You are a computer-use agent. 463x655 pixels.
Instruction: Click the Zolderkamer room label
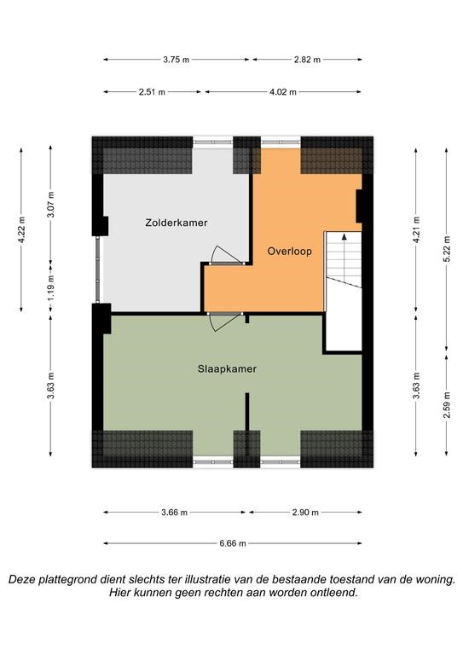[177, 223]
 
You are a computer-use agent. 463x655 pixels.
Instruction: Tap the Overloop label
[289, 252]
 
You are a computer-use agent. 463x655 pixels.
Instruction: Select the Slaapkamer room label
[227, 369]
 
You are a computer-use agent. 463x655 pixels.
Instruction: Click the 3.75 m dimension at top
[177, 60]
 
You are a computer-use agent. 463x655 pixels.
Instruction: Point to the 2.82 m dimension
[307, 60]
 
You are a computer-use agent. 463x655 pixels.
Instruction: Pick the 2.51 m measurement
[152, 92]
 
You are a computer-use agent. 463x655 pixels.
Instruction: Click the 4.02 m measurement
[283, 92]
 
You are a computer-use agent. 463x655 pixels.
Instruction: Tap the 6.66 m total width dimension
[233, 543]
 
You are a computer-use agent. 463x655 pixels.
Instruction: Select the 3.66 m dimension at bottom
[175, 512]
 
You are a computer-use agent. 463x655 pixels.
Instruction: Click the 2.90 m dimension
[305, 512]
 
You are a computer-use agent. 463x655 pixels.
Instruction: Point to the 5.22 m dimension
[447, 249]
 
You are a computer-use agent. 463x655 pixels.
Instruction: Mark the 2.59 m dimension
[447, 405]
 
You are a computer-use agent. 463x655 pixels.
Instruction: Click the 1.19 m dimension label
[50, 287]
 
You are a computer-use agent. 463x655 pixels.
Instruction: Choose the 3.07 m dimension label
[50, 205]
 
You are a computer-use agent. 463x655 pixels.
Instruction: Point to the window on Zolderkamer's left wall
[98, 270]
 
